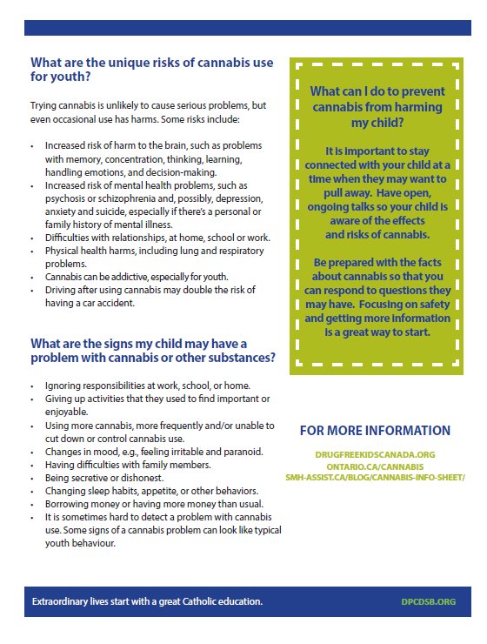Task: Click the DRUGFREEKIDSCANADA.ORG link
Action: [x=375, y=454]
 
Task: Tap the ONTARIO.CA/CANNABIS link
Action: [x=375, y=466]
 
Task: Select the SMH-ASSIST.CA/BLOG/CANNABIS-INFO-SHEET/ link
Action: [x=375, y=477]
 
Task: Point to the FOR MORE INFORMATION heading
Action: [x=375, y=430]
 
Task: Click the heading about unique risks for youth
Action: [x=151, y=70]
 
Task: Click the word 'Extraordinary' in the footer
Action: [x=62, y=602]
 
